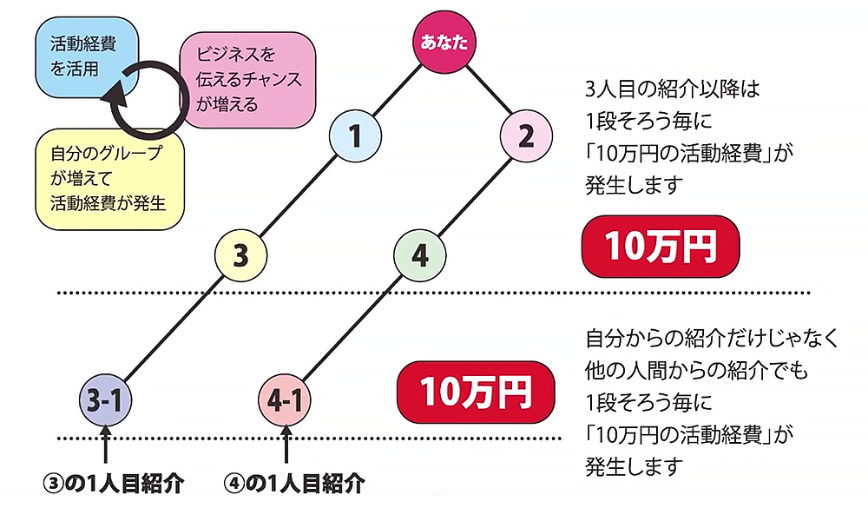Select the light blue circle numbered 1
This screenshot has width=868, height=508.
(x=354, y=136)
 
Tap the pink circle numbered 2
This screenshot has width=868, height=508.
(x=526, y=136)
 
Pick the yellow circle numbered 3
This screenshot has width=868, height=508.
(x=241, y=255)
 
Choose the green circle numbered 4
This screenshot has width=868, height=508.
(x=419, y=255)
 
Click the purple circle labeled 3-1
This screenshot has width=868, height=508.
(x=103, y=400)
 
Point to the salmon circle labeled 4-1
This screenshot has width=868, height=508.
(x=285, y=400)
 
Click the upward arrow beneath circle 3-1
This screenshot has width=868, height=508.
(x=103, y=447)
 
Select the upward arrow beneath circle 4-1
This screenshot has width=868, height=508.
(x=286, y=447)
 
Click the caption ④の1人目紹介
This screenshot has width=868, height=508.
(x=294, y=485)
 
